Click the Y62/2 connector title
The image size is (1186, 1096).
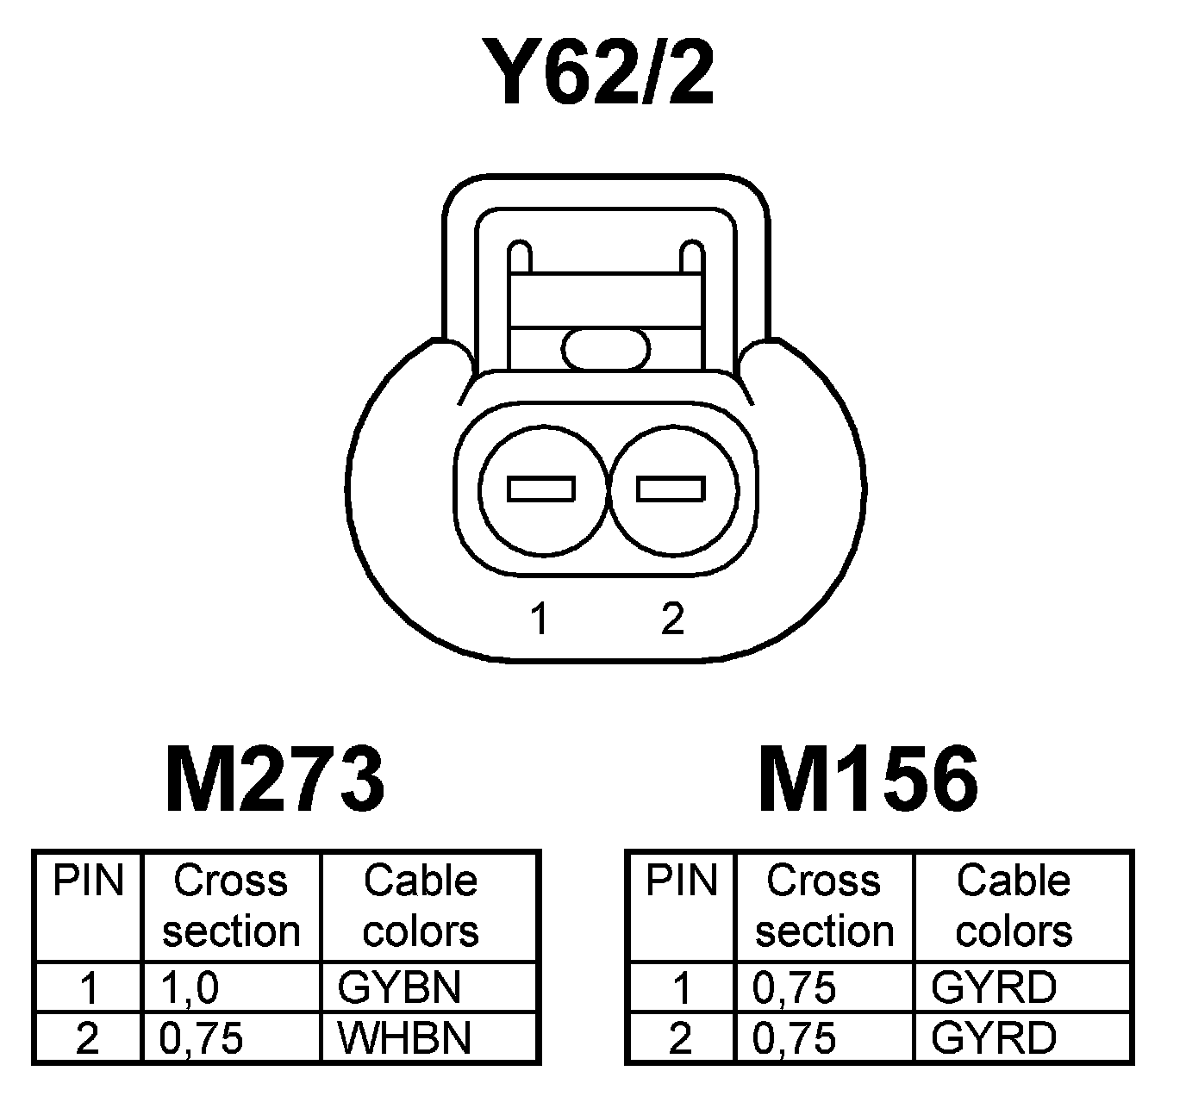(x=600, y=73)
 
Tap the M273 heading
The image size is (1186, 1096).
(x=274, y=781)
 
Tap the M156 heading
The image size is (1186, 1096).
(x=868, y=781)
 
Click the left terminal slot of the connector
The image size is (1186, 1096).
(x=541, y=489)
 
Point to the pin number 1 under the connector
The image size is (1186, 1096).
(x=540, y=619)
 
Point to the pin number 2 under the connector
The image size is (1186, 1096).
(x=672, y=619)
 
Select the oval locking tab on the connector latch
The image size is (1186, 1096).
(x=606, y=349)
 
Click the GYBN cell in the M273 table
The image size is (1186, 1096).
(x=399, y=987)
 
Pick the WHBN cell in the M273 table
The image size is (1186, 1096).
(x=404, y=1038)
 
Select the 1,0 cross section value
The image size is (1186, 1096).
(x=190, y=987)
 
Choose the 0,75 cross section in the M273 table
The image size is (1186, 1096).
(x=202, y=1038)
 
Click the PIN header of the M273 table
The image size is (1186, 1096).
(x=89, y=881)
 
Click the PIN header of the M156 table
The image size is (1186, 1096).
(x=682, y=881)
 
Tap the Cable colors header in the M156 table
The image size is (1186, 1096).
(x=1014, y=906)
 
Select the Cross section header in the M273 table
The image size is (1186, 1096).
(x=231, y=906)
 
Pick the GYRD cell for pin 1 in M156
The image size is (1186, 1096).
(x=993, y=987)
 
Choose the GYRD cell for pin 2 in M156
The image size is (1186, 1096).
(x=993, y=1038)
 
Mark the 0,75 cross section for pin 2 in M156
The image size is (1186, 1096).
(x=795, y=1038)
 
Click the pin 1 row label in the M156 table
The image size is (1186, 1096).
(x=681, y=987)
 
